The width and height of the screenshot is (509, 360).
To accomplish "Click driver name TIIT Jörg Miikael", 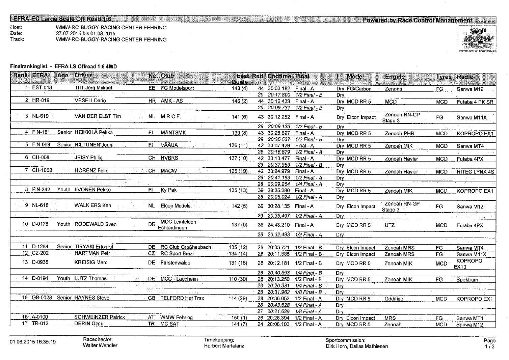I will click(93, 88).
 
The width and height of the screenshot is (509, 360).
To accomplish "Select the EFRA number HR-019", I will click(41, 101).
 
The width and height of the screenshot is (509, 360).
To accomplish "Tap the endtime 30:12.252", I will click(279, 117).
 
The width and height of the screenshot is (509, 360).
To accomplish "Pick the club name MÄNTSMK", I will click(173, 133).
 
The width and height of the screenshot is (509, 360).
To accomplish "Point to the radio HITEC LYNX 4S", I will click(475, 172).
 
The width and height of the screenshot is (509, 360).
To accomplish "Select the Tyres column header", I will click(444, 77).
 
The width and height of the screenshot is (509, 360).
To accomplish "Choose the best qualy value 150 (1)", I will click(240, 318).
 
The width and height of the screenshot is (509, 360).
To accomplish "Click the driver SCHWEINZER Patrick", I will click(100, 317).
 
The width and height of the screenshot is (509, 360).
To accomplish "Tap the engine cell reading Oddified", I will click(394, 299).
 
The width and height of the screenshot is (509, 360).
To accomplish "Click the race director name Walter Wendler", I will click(100, 345).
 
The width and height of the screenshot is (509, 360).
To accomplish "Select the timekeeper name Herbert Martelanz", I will click(224, 345).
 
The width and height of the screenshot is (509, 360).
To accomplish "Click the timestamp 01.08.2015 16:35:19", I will click(33, 342).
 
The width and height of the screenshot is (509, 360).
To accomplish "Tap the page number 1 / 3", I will click(489, 347).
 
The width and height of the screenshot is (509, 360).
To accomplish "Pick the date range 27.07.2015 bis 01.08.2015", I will click(85, 33).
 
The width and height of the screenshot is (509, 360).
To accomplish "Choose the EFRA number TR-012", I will click(41, 324).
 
